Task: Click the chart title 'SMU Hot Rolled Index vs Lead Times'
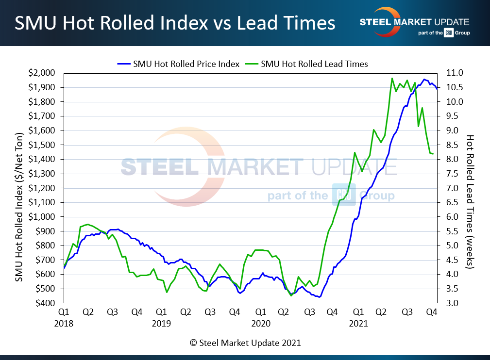point(175,23)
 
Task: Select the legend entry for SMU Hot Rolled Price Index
point(179,64)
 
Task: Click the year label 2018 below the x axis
point(64,323)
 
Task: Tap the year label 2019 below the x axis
point(162,323)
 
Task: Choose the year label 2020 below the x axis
point(260,323)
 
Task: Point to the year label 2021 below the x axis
point(358,323)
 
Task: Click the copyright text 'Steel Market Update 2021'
point(245,343)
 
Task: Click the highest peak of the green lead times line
point(392,78)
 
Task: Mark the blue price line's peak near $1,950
point(424,80)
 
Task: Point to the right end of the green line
point(433,154)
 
